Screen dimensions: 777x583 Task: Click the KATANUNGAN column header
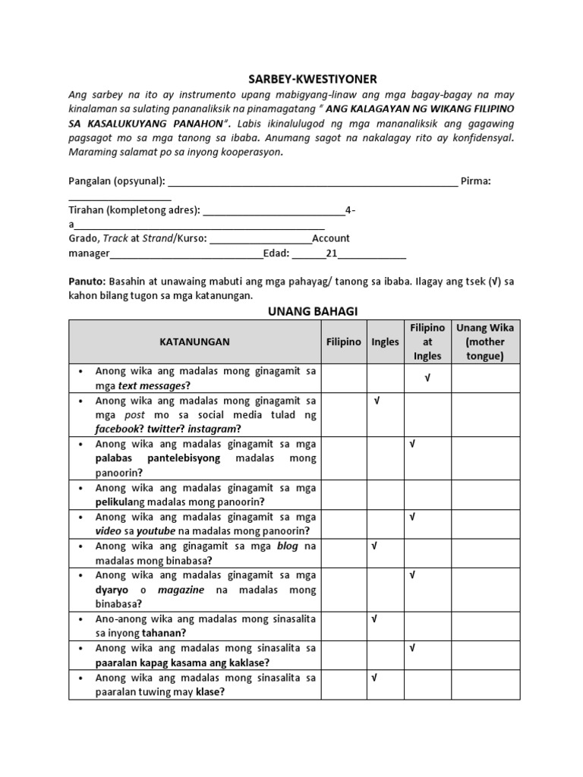point(194,341)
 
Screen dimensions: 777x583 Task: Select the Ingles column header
point(385,341)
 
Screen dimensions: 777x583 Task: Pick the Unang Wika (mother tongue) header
point(485,341)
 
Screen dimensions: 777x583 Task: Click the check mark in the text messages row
point(427,378)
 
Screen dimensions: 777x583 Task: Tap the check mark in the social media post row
point(376,400)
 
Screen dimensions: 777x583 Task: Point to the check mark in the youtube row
point(412,517)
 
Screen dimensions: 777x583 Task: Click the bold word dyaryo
point(111,590)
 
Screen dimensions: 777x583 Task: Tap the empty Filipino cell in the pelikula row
point(345,494)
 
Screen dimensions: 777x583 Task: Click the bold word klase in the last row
point(209,692)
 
